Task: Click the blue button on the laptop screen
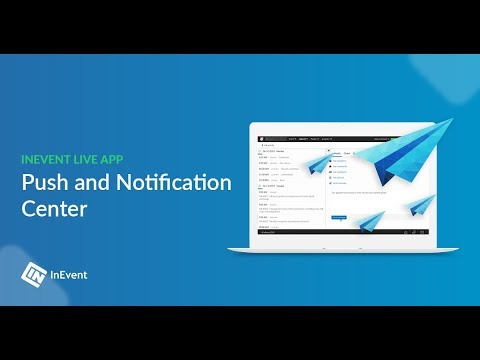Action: click(338, 216)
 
